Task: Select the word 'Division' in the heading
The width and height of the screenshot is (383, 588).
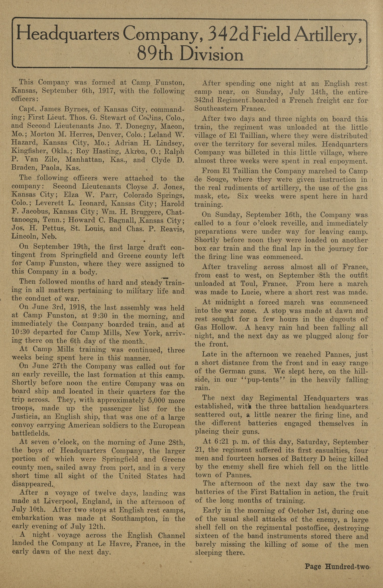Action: (x=211, y=54)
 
